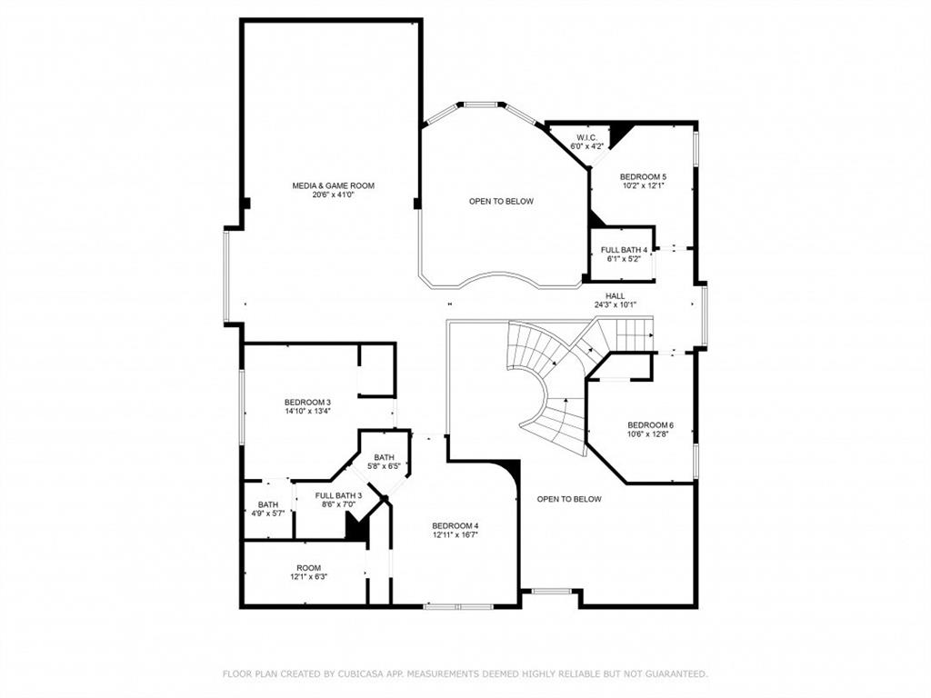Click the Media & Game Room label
click(x=333, y=185)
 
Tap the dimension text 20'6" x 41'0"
click(x=333, y=194)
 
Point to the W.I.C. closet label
click(x=586, y=137)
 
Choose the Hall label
click(x=616, y=296)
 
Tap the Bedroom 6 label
click(x=650, y=425)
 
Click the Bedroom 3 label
click(x=307, y=402)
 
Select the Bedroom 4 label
click(x=455, y=525)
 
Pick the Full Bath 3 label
click(x=339, y=495)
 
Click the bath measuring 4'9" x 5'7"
click(x=267, y=509)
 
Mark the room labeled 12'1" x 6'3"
click(x=308, y=573)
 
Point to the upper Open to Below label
click(x=501, y=201)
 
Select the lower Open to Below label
click(x=569, y=499)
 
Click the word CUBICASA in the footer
click(x=359, y=673)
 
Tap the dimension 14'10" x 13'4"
click(x=307, y=411)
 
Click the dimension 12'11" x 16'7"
click(x=455, y=534)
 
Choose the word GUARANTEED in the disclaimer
click(x=673, y=673)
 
